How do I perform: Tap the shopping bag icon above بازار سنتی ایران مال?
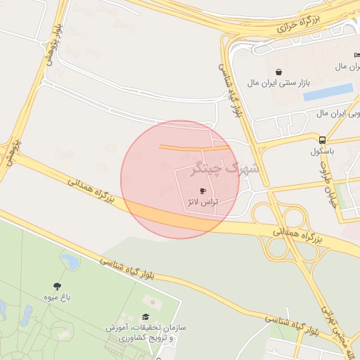[279, 72]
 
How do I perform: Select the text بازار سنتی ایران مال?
[278, 83]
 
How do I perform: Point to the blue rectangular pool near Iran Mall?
[328, 91]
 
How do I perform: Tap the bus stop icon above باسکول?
[322, 139]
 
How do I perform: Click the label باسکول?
[323, 150]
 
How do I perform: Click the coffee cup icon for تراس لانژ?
[202, 191]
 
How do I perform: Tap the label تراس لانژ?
[202, 202]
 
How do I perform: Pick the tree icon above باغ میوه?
[57, 285]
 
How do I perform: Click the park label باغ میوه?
[56, 297]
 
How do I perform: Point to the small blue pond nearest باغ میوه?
[70, 262]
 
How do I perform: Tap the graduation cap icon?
[146, 317]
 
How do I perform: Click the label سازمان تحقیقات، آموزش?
[146, 328]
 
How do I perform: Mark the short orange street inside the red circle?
[193, 148]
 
